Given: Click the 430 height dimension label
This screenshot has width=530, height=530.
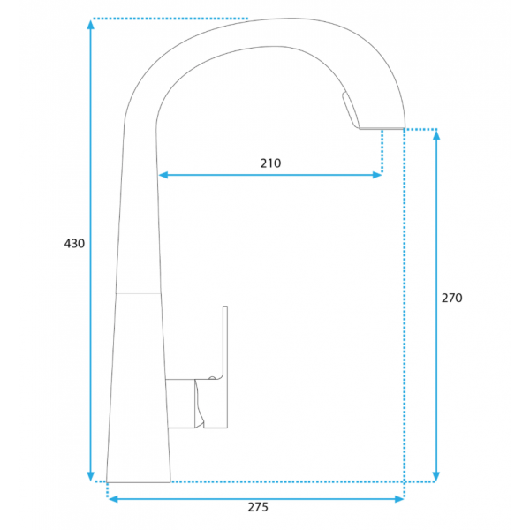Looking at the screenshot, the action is click(74, 244).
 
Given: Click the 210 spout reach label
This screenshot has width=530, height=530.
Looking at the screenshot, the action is click(270, 163).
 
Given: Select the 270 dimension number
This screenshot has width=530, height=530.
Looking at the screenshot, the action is click(452, 298).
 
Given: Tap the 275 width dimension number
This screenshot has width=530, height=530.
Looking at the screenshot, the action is click(258, 507).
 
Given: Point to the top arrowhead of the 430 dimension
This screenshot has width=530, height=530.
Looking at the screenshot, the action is click(90, 25).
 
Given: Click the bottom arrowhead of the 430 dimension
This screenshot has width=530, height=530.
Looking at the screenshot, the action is click(90, 476).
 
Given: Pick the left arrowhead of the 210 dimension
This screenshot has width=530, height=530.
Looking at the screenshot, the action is click(163, 175).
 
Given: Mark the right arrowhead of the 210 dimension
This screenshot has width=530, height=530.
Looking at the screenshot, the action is click(377, 175).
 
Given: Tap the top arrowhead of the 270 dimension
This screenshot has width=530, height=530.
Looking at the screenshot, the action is click(436, 135).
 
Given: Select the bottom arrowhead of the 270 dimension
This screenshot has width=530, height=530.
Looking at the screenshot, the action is click(436, 476).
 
